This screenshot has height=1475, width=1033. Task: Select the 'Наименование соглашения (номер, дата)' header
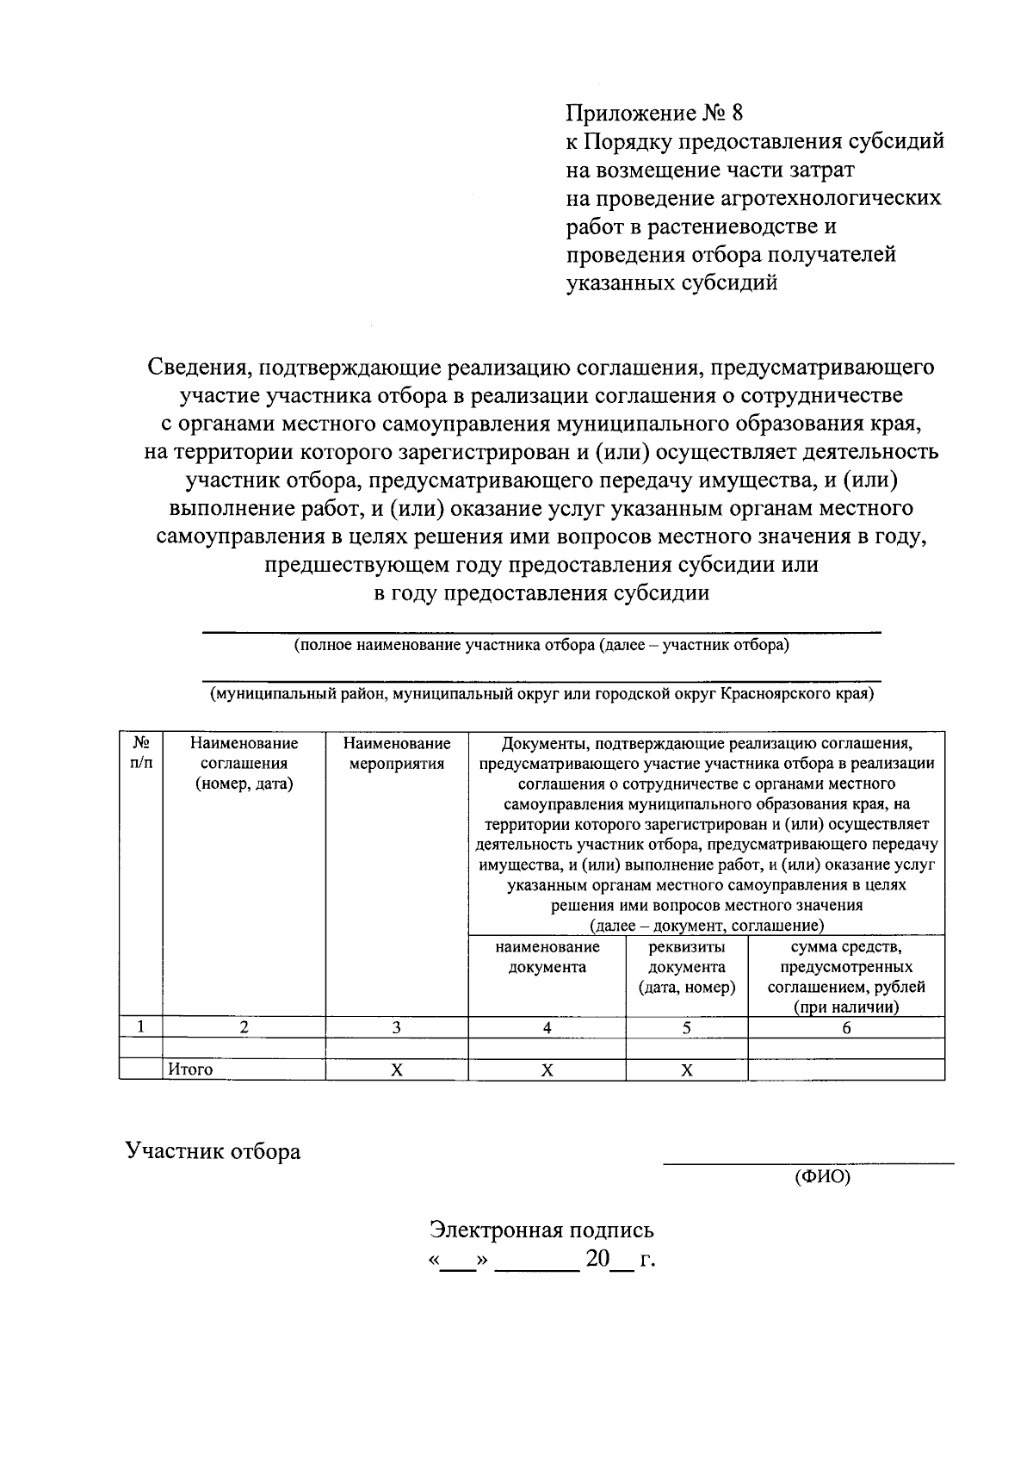(244, 763)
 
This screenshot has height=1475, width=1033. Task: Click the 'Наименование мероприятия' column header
(396, 753)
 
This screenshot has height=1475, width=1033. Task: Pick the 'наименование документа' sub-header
(547, 957)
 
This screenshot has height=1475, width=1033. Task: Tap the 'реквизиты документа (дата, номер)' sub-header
(686, 967)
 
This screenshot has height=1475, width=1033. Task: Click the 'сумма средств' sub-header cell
(846, 976)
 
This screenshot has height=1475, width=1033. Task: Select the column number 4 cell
(547, 1027)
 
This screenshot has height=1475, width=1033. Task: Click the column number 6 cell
(846, 1027)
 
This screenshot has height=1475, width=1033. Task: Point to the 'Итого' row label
(190, 1069)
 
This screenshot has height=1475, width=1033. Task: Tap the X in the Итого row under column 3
(396, 1069)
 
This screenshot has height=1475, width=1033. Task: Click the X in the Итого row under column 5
(686, 1069)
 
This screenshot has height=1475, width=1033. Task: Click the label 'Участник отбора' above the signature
(213, 1151)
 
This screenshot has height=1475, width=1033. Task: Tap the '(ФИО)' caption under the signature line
(821, 1176)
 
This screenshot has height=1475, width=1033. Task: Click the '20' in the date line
(597, 1259)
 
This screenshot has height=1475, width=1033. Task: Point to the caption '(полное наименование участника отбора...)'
(541, 645)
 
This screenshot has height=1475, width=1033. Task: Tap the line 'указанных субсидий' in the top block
(671, 282)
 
